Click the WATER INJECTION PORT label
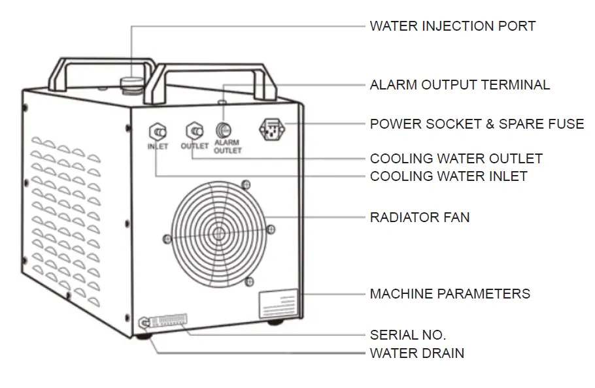point(452,26)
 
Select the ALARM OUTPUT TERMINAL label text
point(460,85)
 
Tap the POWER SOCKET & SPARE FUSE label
point(477,123)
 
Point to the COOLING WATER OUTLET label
point(456,159)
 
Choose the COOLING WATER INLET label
point(449,176)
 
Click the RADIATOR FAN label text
point(420,217)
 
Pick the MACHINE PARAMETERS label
point(450,294)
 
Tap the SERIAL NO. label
point(408,336)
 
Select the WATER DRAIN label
point(417,353)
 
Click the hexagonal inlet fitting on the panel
point(158,130)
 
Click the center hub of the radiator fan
point(218,233)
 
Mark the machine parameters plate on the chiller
point(278,304)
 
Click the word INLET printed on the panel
point(158,146)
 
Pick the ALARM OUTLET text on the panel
point(228,146)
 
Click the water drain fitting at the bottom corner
point(144,323)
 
